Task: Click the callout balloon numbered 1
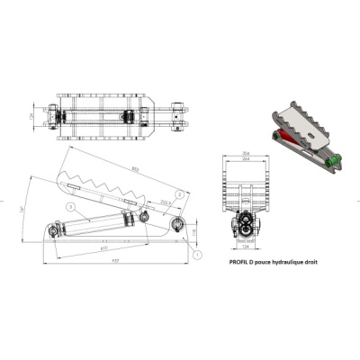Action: [x=193, y=256]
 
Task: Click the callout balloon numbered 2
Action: [x=180, y=193]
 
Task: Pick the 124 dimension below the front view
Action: [x=246, y=250]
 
